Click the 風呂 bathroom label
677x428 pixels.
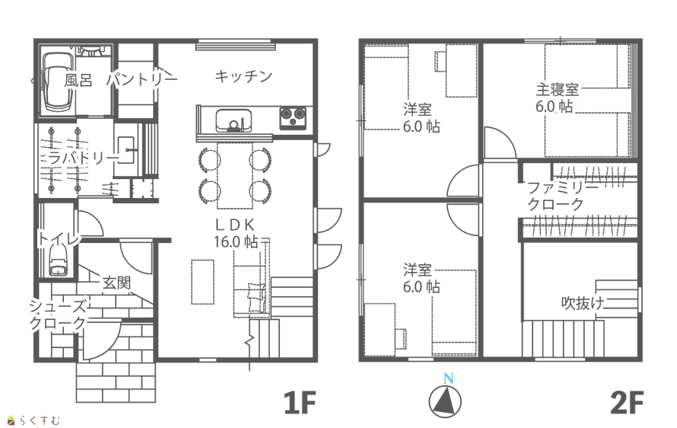point(78,79)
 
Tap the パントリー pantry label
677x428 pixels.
point(141,78)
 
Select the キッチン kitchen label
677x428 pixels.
point(243,76)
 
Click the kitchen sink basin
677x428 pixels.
point(233,120)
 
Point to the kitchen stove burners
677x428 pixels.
point(294,118)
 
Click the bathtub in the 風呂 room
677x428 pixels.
point(56,81)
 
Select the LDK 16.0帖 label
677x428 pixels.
point(236,233)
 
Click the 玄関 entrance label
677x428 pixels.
point(116,283)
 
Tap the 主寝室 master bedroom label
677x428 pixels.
point(557,98)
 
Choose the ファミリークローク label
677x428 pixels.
point(556,196)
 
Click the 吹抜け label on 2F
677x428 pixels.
point(583,303)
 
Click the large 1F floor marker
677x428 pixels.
point(299,403)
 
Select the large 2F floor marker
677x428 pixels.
point(628,403)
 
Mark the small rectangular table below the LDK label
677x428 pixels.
point(202,282)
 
